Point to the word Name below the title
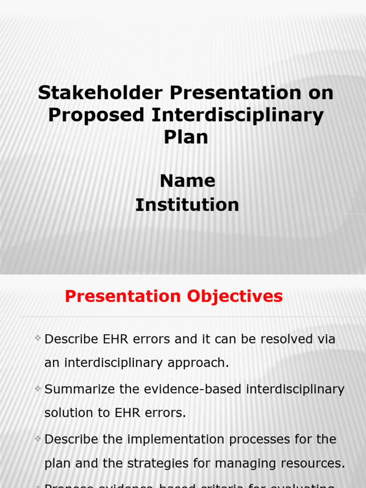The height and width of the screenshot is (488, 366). [x=187, y=181]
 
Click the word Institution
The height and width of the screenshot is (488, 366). [x=187, y=205]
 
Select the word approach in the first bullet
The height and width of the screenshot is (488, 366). [x=199, y=363]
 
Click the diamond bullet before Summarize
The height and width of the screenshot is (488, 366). [x=38, y=389]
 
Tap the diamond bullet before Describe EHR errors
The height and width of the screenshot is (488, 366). [x=38, y=339]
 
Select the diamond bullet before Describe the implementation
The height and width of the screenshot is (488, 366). [x=38, y=438]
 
